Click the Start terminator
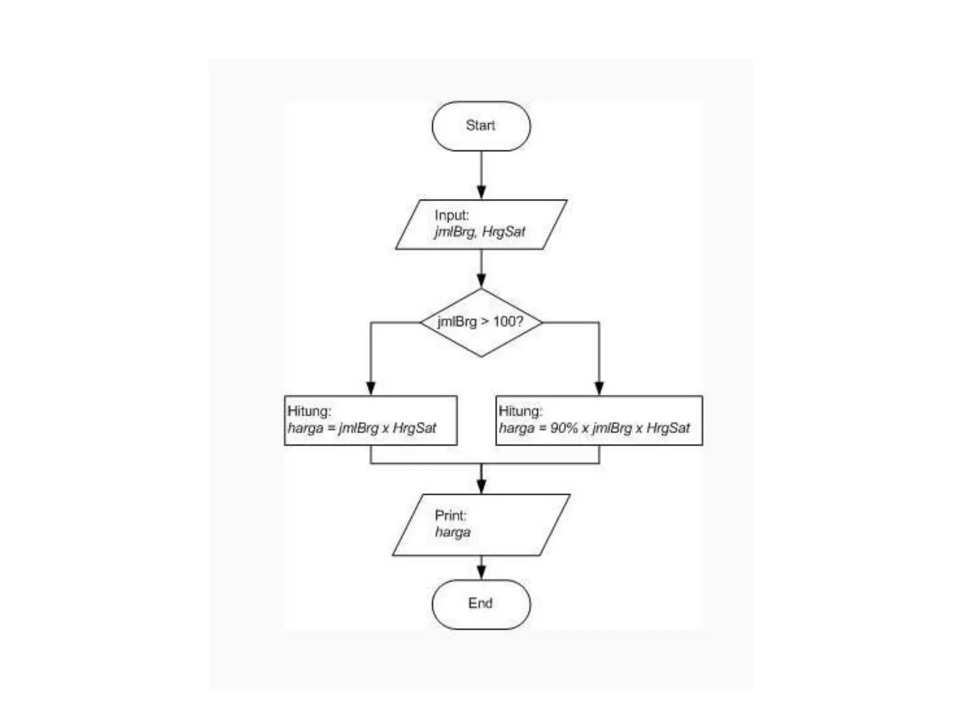[x=481, y=126]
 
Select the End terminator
[x=481, y=604]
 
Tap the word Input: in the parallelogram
[x=451, y=216]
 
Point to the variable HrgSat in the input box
[x=503, y=232]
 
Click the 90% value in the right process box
[x=564, y=428]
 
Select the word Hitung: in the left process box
[x=309, y=411]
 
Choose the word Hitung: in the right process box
[x=520, y=411]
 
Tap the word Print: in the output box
[x=450, y=515]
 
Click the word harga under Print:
[x=453, y=532]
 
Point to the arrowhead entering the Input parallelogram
[x=481, y=192]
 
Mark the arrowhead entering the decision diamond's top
[x=481, y=281]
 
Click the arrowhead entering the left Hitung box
[x=371, y=388]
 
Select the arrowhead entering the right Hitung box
[x=599, y=388]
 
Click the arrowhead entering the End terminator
[x=481, y=572]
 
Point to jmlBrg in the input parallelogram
[x=454, y=232]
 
